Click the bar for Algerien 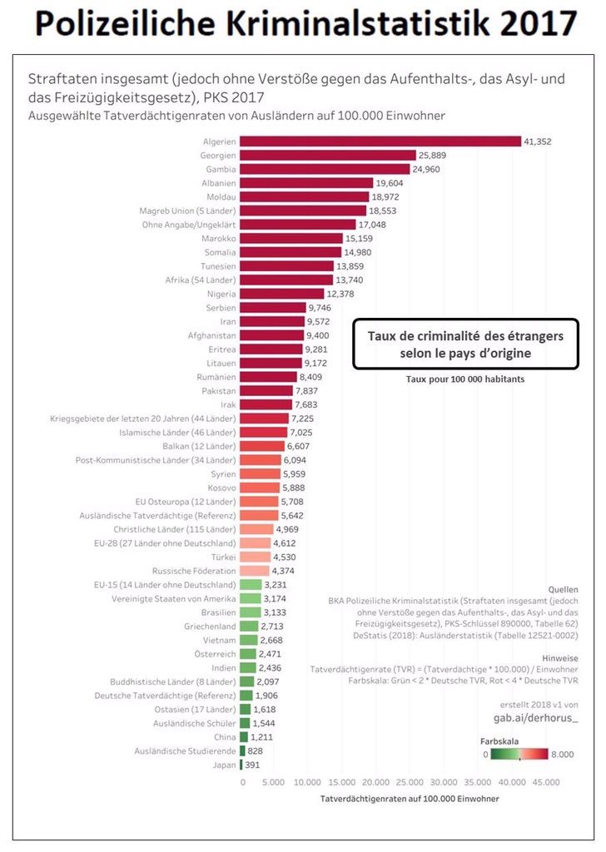pos(380,142)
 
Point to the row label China pos(225,737)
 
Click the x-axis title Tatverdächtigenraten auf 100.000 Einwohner pos(410,799)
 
